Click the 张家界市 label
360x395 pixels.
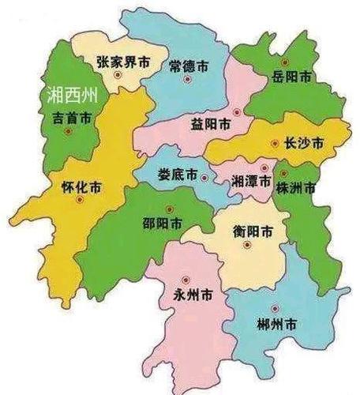pos(122,61)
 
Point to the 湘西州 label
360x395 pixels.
pos(71,96)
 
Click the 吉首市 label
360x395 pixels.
pos(73,117)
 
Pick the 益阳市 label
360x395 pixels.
pos(212,125)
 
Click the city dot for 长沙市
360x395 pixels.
pos(274,144)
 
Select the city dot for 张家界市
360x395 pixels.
pos(118,75)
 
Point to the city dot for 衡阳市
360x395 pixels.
pos(247,245)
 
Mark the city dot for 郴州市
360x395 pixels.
pos(274,309)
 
